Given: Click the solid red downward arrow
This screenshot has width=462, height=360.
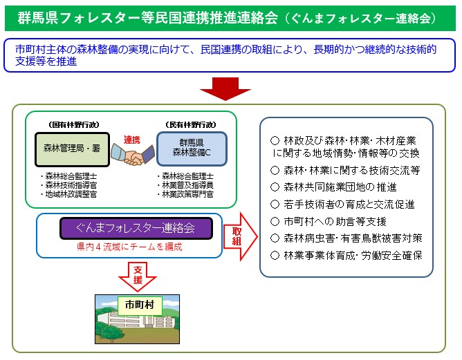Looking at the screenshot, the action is click(x=225, y=88).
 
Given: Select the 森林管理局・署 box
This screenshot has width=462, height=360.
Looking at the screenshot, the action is click(x=72, y=149).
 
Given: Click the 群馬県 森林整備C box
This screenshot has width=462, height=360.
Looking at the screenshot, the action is click(x=192, y=149).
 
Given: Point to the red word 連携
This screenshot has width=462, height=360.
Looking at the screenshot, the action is click(x=131, y=140).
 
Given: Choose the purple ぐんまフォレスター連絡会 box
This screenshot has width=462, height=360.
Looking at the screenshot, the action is click(x=136, y=228).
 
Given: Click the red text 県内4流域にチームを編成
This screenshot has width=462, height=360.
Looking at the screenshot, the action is click(x=129, y=247).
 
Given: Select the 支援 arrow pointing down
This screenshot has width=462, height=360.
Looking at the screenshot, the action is click(x=138, y=276).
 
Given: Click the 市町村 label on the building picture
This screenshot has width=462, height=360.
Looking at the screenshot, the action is click(x=140, y=305).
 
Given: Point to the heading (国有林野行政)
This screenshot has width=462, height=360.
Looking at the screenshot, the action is click(x=74, y=125).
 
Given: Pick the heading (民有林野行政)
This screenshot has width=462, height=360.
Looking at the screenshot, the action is click(x=191, y=125).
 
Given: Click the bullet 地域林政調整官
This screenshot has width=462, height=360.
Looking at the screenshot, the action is click(x=68, y=194).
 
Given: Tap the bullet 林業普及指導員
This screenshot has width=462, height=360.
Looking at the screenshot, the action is click(x=185, y=185).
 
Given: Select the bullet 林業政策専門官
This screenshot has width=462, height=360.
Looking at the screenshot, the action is click(x=185, y=194).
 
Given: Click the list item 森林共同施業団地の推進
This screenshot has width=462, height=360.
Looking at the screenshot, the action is click(x=333, y=187).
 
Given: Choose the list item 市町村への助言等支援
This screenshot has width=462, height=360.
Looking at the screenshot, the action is click(x=329, y=221).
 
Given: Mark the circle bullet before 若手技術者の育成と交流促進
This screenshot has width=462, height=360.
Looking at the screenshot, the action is click(x=275, y=205).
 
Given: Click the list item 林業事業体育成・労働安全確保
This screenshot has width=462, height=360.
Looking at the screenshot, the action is click(x=346, y=255).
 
